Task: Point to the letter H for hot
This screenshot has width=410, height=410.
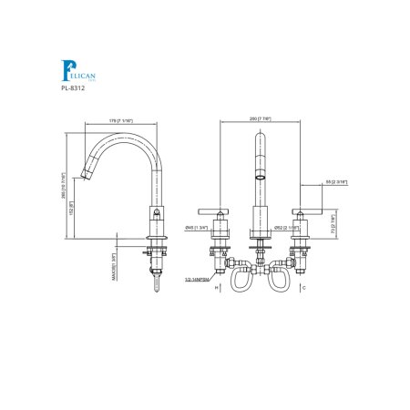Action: (x=216, y=288)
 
